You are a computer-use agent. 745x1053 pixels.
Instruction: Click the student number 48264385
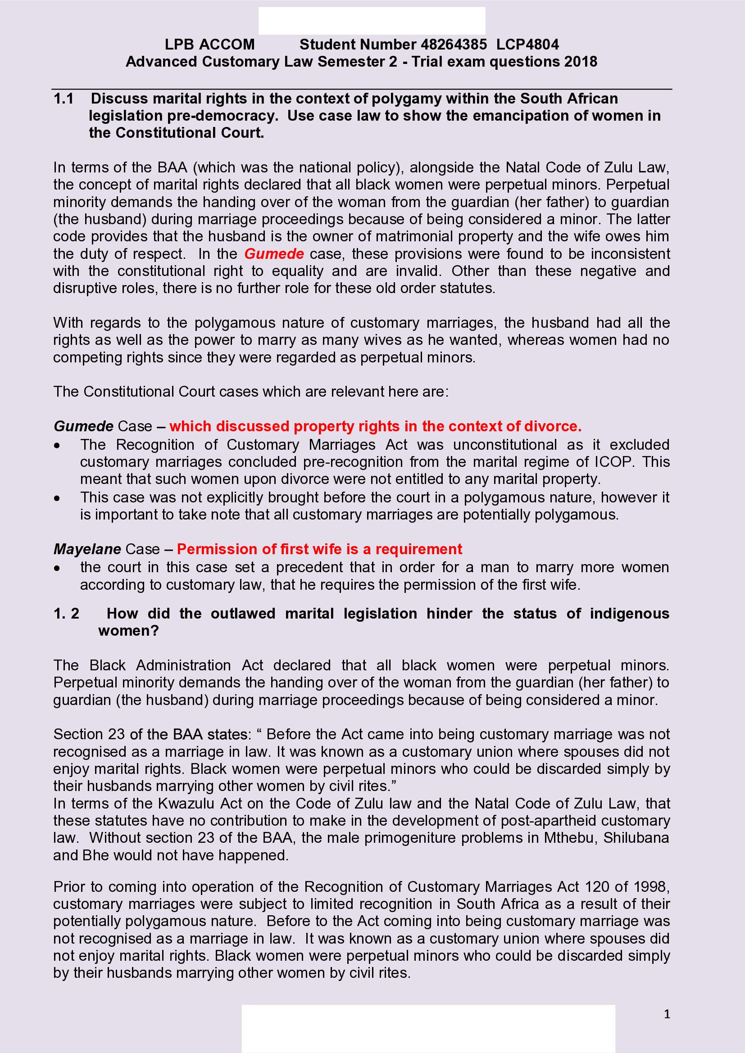coord(453,45)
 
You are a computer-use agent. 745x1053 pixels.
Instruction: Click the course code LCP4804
coord(527,45)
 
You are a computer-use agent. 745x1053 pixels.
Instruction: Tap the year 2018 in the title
coord(580,62)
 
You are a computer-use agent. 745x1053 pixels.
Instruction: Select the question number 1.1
coord(64,99)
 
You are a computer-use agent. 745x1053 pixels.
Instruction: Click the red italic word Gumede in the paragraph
coord(274,253)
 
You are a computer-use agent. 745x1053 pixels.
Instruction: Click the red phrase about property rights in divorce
coord(375,426)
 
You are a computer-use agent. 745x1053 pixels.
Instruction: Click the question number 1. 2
coord(67,614)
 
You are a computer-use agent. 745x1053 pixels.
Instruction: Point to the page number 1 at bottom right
coord(667,1014)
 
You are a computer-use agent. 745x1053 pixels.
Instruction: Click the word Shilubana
coord(636,838)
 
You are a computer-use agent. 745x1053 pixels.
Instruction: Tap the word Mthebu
coord(569,838)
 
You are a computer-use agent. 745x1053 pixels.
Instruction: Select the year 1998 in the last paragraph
coord(650,886)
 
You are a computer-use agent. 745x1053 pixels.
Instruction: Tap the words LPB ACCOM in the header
coord(209,45)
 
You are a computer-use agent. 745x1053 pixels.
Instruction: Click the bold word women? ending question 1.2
coord(128,631)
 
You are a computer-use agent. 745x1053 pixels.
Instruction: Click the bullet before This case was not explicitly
coord(57,498)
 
